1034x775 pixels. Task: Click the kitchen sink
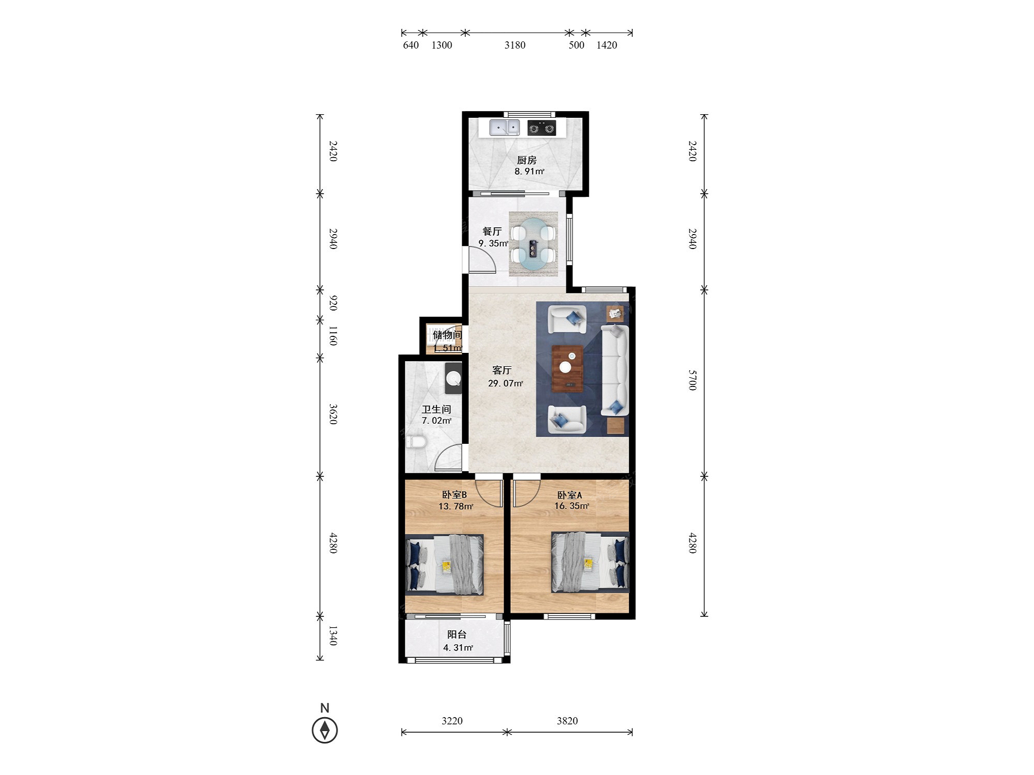(x=505, y=127)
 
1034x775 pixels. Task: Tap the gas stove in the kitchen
(x=542, y=128)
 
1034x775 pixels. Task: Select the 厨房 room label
(x=527, y=160)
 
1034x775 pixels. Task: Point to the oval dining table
(x=533, y=244)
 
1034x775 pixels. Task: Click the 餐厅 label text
(x=492, y=231)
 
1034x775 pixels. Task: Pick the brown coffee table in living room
(x=568, y=368)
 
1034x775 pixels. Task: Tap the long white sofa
(x=615, y=370)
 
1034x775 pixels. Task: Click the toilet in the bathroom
(x=416, y=442)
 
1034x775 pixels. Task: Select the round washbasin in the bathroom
(x=453, y=378)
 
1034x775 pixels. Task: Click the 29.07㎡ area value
(x=506, y=383)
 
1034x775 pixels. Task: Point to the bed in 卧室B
(x=445, y=565)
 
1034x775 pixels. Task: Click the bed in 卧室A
(x=590, y=562)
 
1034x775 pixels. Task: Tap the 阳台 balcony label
(x=457, y=634)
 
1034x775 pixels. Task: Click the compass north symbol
(x=325, y=730)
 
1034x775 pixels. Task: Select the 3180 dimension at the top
(x=515, y=45)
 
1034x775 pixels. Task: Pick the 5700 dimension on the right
(x=693, y=380)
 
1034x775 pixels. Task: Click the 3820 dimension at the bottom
(x=567, y=721)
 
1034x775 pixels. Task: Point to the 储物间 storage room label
(x=447, y=335)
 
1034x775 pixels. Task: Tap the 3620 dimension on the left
(x=333, y=414)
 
